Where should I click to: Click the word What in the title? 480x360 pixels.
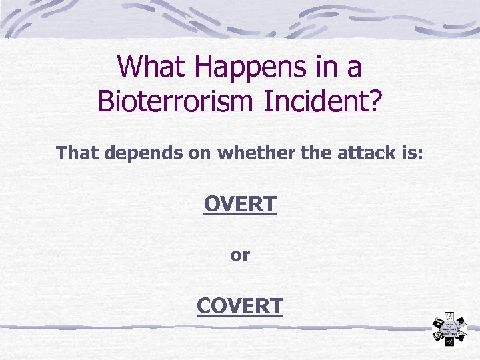pos(150,67)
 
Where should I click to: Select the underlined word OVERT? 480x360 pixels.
pos(240,204)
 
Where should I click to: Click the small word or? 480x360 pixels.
pos(240,255)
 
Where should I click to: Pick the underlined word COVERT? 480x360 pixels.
pos(240,305)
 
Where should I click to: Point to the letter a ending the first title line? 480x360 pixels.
pos(355,69)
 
